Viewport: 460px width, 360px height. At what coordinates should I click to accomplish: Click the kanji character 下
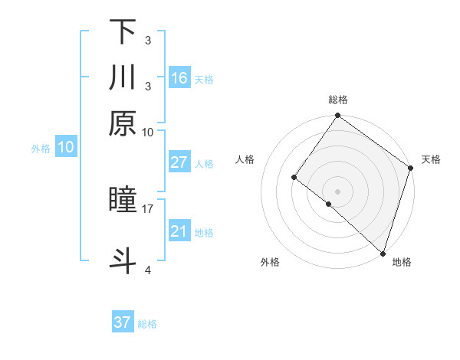click(x=123, y=32)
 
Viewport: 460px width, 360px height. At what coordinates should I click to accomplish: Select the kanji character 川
click(x=123, y=78)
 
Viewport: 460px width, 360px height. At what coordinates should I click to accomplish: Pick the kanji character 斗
click(x=123, y=259)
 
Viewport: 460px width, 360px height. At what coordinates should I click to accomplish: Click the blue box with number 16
click(x=179, y=78)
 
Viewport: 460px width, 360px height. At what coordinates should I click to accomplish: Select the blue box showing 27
click(x=179, y=162)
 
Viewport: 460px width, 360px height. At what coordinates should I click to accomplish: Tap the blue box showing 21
click(x=179, y=231)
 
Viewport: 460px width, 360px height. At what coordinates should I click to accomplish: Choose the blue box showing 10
click(x=66, y=148)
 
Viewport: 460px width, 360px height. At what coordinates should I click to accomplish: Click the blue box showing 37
click(x=123, y=322)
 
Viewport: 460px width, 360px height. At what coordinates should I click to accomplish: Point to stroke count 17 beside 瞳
click(x=147, y=208)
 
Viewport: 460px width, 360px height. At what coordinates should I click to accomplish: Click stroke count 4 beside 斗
click(x=147, y=270)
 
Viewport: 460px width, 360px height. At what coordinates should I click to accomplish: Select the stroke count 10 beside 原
click(x=147, y=131)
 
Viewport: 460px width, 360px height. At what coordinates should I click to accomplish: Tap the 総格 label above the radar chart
click(x=338, y=100)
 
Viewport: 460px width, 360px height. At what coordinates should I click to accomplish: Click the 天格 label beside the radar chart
click(x=431, y=159)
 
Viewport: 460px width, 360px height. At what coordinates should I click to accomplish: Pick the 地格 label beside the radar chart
click(x=402, y=262)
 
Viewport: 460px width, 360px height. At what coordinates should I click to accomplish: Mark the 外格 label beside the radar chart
click(x=270, y=262)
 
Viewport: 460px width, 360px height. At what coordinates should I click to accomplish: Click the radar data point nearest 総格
click(x=338, y=116)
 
